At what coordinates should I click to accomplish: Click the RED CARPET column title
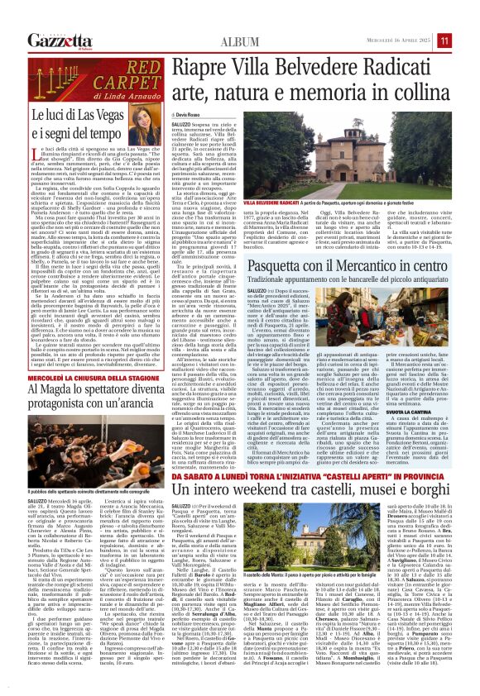pos(96,74)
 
